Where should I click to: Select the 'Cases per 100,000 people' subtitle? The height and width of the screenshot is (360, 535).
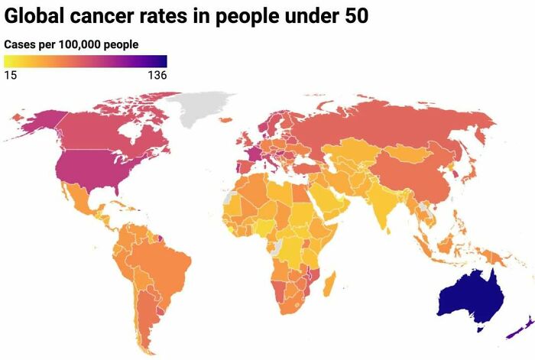[71, 45]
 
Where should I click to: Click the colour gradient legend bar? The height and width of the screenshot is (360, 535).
[85, 61]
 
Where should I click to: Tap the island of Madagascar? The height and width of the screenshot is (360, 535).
[331, 286]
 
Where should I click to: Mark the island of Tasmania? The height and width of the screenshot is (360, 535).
[481, 327]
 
